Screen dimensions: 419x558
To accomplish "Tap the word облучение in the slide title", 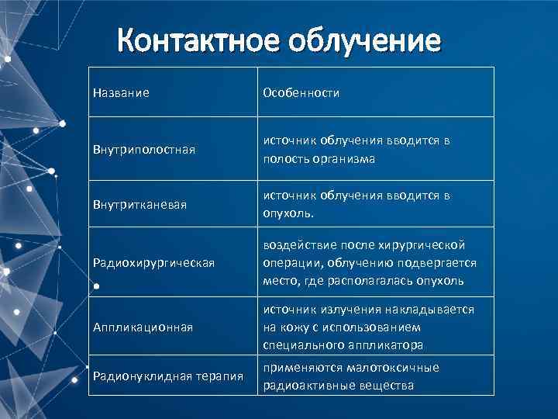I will (364, 39).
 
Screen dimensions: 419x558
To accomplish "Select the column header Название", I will (121, 93).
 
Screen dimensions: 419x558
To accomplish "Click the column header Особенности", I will (301, 93).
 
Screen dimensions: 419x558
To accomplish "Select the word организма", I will (341, 159).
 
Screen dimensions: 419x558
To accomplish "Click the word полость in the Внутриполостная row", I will (284, 159).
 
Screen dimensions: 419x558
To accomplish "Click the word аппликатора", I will (379, 345).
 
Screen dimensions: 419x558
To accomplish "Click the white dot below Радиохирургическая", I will (95, 286).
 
